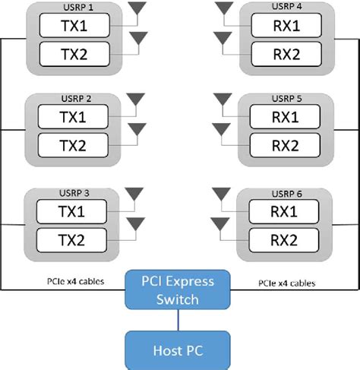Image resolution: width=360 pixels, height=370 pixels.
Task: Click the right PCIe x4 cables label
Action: coord(283,283)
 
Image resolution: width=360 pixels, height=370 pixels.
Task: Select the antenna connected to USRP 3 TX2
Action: coord(137,223)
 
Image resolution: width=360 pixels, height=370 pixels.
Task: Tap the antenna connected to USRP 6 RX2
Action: coord(222,223)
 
